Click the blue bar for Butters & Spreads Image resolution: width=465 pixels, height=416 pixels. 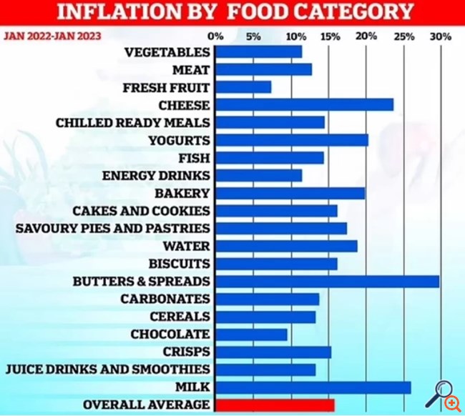(x=327, y=281)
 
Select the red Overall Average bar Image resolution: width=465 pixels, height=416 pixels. (x=275, y=405)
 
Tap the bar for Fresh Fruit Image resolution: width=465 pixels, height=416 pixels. (x=243, y=87)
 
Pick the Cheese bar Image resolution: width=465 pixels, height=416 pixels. (x=304, y=105)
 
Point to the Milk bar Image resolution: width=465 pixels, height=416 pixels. (x=313, y=387)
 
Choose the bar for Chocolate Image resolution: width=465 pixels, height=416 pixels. (x=251, y=334)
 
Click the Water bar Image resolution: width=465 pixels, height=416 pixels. (x=286, y=246)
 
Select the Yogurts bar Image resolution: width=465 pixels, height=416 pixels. (x=291, y=140)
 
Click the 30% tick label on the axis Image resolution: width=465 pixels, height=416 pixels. (x=441, y=36)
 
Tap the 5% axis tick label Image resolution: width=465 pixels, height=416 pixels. (x=253, y=36)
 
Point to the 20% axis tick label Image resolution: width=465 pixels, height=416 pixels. (x=366, y=36)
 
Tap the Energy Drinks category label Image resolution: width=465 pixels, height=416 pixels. (x=156, y=175)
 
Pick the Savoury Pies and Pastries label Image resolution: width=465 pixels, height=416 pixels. (x=112, y=228)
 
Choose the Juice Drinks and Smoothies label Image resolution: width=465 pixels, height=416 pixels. (x=107, y=369)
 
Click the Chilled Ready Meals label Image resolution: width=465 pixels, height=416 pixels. (x=133, y=122)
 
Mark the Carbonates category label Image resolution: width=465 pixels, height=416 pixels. (x=165, y=299)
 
